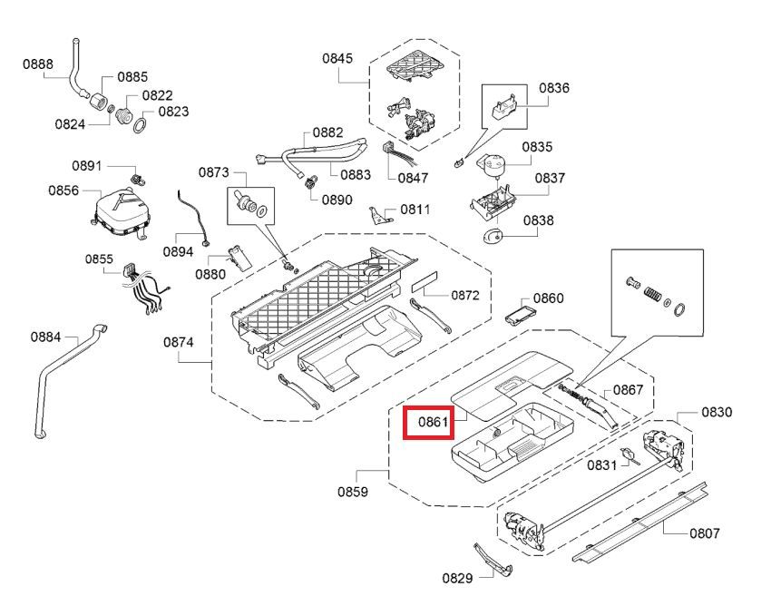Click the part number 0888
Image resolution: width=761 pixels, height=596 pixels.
pyautogui.click(x=38, y=64)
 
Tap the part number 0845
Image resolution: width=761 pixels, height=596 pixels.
pyautogui.click(x=337, y=58)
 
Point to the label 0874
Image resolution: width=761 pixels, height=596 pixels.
pyautogui.click(x=178, y=342)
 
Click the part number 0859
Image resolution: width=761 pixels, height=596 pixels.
pyautogui.click(x=353, y=492)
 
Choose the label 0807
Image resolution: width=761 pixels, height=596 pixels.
pyautogui.click(x=705, y=533)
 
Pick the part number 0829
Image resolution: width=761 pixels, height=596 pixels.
pyautogui.click(x=457, y=578)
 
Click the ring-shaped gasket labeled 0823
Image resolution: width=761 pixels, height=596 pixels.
pyautogui.click(x=141, y=125)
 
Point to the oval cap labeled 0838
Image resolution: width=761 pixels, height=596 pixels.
pyautogui.click(x=494, y=236)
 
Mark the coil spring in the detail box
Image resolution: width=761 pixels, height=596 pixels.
pyautogui.click(x=653, y=293)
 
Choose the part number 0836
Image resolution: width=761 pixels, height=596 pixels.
pyautogui.click(x=554, y=88)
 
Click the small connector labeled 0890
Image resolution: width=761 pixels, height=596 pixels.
pyautogui.click(x=309, y=182)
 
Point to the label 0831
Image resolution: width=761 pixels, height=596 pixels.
pyautogui.click(x=601, y=465)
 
